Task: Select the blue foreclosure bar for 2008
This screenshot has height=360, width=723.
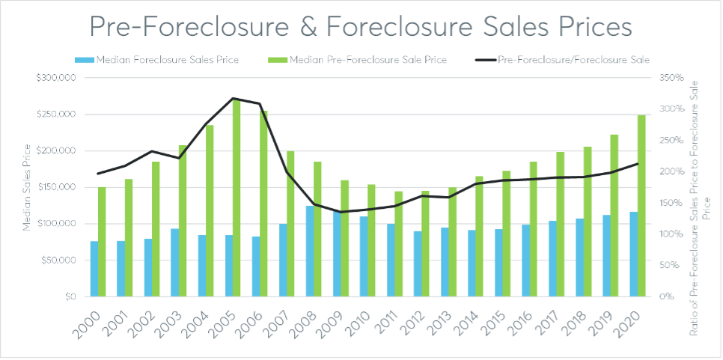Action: tap(310, 251)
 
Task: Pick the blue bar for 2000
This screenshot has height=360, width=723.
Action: tap(94, 269)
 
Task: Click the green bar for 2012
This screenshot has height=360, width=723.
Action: tap(425, 243)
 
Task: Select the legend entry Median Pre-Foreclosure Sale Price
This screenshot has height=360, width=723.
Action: tap(367, 60)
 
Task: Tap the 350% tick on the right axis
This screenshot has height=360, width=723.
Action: tap(668, 78)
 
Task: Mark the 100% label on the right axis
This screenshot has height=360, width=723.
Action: tap(668, 234)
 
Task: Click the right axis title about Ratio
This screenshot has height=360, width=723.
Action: tap(698, 187)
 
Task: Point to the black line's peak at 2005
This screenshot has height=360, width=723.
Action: tap(233, 98)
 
